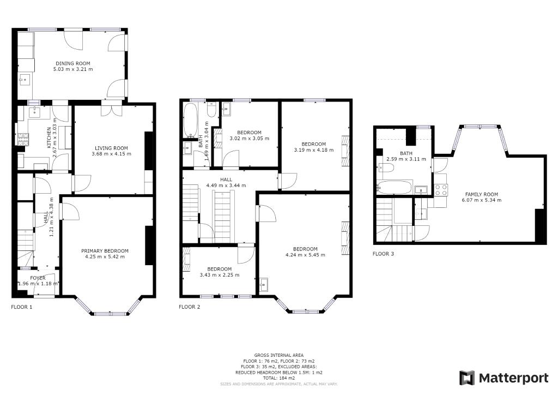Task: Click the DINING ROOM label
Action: click(x=72, y=63)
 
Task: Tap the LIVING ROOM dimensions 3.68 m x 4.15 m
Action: click(x=111, y=154)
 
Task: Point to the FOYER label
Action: click(x=38, y=278)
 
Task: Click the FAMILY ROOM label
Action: click(x=481, y=194)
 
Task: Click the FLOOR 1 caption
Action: click(x=22, y=307)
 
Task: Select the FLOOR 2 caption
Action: click(x=190, y=307)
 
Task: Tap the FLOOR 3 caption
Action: click(x=383, y=254)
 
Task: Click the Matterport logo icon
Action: click(x=467, y=378)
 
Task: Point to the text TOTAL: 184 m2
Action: click(x=278, y=378)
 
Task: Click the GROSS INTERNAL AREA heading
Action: click(x=278, y=355)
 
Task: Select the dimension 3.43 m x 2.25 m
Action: click(x=219, y=275)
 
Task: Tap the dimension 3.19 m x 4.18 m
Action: click(x=313, y=150)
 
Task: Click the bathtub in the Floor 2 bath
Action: click(x=190, y=120)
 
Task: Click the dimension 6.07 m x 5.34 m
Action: click(x=481, y=200)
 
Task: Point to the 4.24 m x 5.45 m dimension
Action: click(x=305, y=255)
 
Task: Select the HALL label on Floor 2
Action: click(x=226, y=179)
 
